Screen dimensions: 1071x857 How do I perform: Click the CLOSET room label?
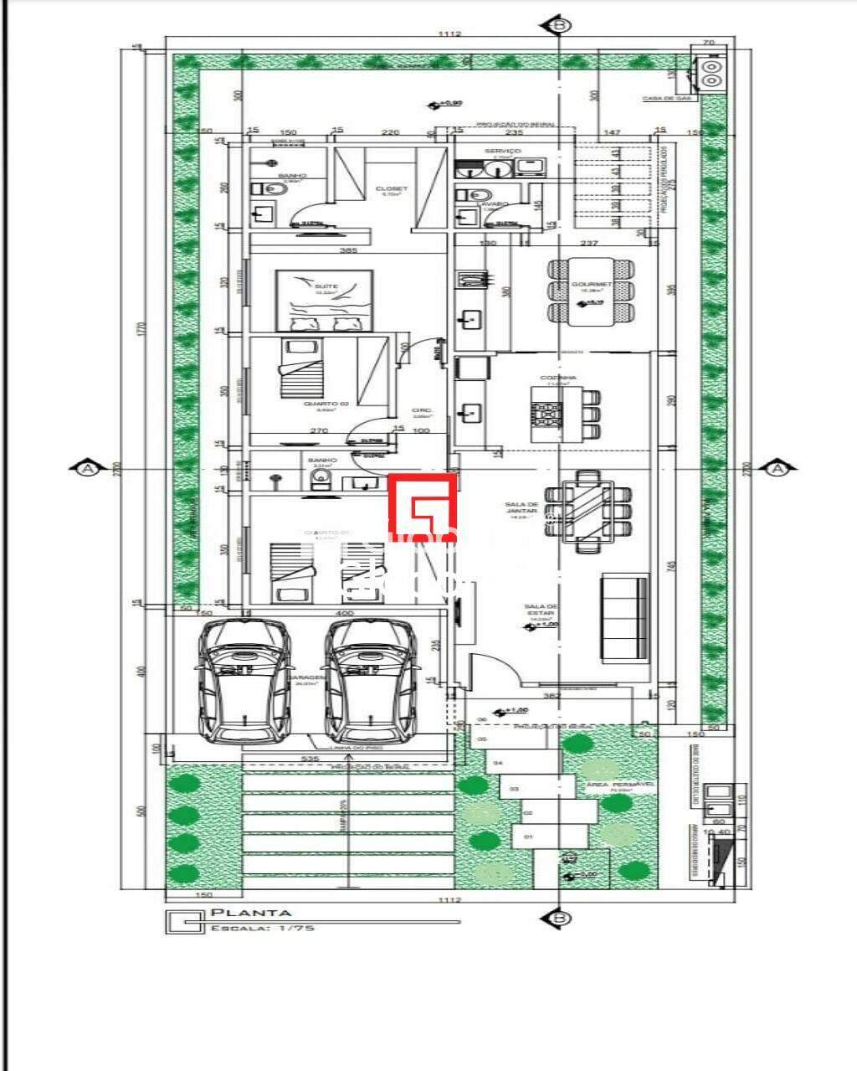392,189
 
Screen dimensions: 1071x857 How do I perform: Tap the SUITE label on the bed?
326,286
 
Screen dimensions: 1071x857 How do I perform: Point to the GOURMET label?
592,284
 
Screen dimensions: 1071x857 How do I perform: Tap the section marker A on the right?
779,468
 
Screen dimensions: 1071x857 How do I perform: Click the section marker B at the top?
560,26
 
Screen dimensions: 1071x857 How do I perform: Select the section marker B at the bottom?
560,919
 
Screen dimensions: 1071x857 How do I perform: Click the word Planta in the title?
250,913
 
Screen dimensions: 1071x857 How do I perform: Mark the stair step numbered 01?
528,837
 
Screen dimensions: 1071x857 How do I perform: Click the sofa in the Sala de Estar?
625,617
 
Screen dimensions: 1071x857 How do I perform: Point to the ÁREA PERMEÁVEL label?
632,785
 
